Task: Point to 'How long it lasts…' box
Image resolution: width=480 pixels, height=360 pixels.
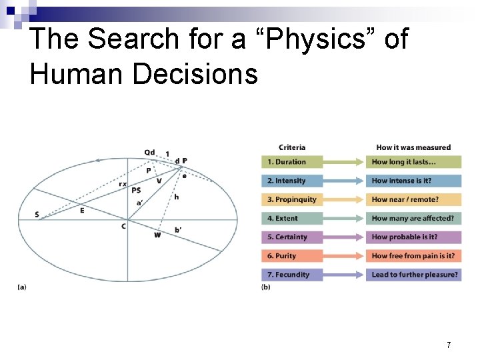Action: pyautogui.click(x=413, y=161)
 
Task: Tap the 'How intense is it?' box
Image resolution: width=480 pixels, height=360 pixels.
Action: pyautogui.click(x=413, y=180)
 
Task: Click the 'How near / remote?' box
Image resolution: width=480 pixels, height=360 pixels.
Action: pyautogui.click(x=413, y=199)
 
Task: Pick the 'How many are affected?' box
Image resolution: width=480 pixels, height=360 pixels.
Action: pyautogui.click(x=413, y=217)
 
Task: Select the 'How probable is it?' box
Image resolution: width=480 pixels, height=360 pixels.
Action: pyautogui.click(x=413, y=237)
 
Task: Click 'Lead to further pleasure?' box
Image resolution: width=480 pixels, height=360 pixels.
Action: pyautogui.click(x=413, y=274)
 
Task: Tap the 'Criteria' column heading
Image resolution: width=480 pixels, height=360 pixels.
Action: pyautogui.click(x=292, y=147)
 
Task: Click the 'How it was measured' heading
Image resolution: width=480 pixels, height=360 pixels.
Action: pyautogui.click(x=413, y=147)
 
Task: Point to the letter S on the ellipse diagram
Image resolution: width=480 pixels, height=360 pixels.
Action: pyautogui.click(x=37, y=214)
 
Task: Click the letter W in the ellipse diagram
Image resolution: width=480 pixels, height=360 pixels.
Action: pyautogui.click(x=157, y=235)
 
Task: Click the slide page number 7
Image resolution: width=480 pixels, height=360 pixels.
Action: pyautogui.click(x=449, y=345)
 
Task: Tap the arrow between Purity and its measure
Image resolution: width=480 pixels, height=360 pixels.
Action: pyautogui.click(x=344, y=255)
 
